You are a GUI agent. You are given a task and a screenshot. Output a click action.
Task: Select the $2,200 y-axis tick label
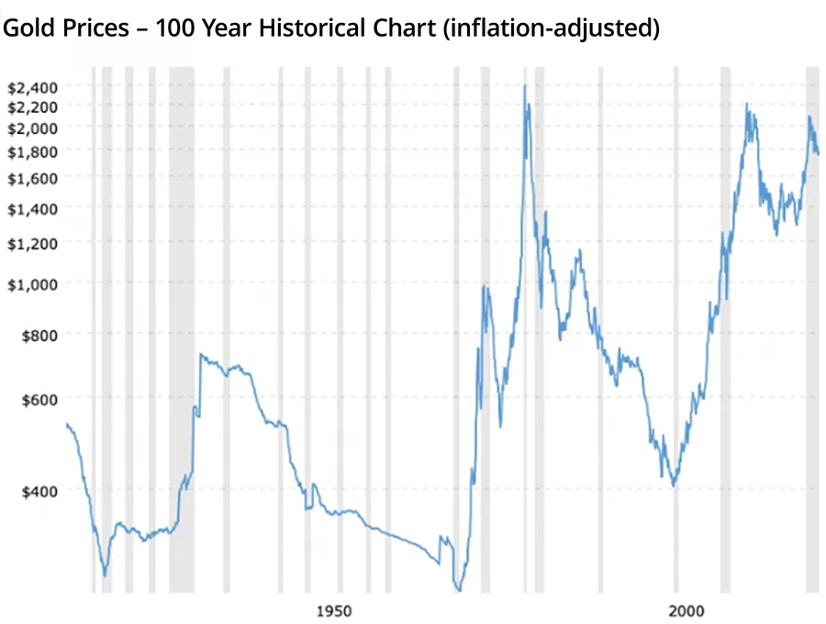[33, 106]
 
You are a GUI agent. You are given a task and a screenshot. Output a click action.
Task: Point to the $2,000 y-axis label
[33, 127]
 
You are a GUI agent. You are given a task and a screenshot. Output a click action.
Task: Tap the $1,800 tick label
[33, 150]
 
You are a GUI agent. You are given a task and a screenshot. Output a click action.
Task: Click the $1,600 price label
[33, 176]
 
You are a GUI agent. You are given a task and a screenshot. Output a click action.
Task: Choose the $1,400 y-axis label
[33, 208]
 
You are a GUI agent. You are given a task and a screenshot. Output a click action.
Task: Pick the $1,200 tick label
[33, 242]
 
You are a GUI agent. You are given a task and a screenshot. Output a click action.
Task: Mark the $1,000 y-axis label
[33, 284]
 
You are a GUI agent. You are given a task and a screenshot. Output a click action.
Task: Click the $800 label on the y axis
[39, 335]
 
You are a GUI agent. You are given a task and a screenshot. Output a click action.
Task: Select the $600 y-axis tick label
[39, 398]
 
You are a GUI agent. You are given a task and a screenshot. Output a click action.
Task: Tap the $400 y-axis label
[39, 491]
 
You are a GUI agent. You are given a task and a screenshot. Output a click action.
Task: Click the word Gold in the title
[27, 28]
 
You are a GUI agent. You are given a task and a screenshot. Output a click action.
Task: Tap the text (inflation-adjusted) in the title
[551, 28]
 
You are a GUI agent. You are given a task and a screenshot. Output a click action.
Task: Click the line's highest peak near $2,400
[524, 86]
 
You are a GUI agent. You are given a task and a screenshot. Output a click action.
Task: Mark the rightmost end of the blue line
[818, 154]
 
